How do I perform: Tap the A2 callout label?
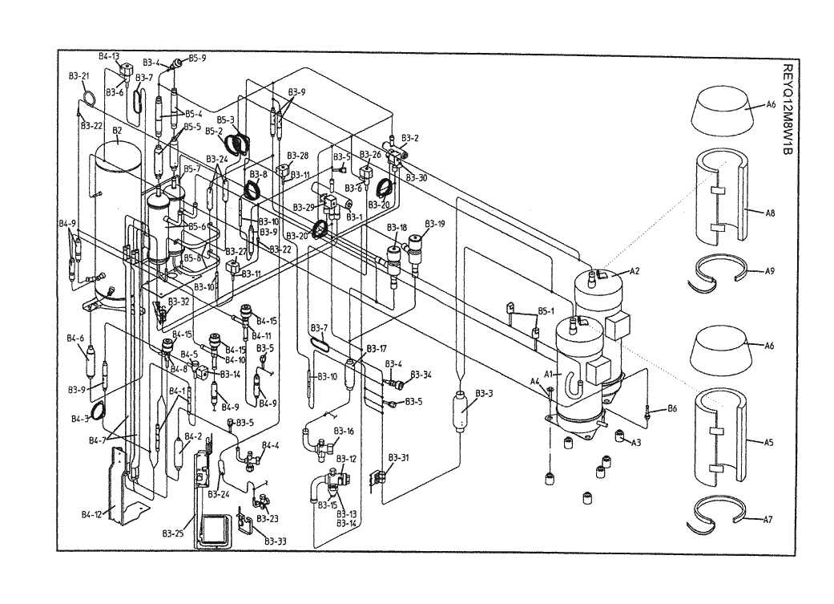click(634, 271)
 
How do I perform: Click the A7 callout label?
click(768, 520)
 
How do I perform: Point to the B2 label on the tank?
click(117, 130)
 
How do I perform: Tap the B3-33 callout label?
click(276, 541)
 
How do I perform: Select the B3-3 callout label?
click(484, 393)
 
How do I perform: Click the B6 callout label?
click(671, 409)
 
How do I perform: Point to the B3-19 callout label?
click(435, 223)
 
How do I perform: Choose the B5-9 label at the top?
click(197, 59)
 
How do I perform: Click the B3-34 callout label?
click(421, 375)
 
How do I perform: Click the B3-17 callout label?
click(377, 348)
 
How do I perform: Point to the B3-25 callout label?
click(174, 533)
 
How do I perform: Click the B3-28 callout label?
click(298, 156)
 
